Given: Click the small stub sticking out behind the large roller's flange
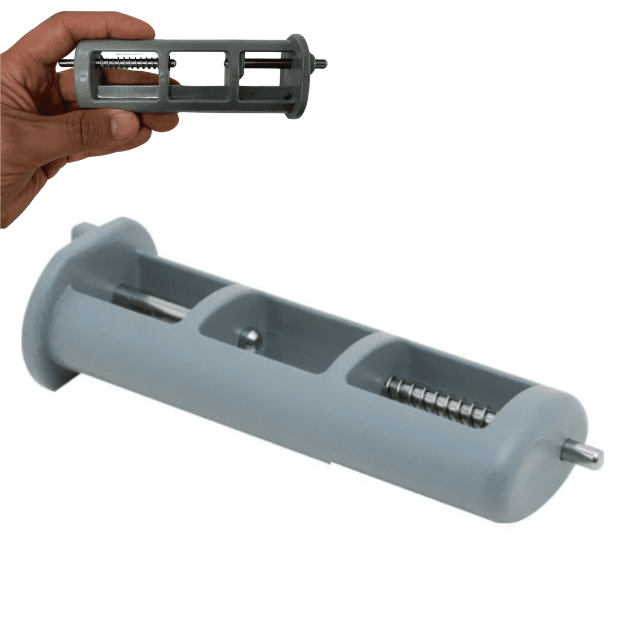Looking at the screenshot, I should point(78,231).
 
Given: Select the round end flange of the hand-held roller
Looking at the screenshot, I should point(297,75).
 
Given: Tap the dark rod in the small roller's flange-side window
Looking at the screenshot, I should point(266,64).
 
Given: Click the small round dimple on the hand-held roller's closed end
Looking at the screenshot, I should point(83,77).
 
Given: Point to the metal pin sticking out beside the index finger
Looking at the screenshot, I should point(65,64).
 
